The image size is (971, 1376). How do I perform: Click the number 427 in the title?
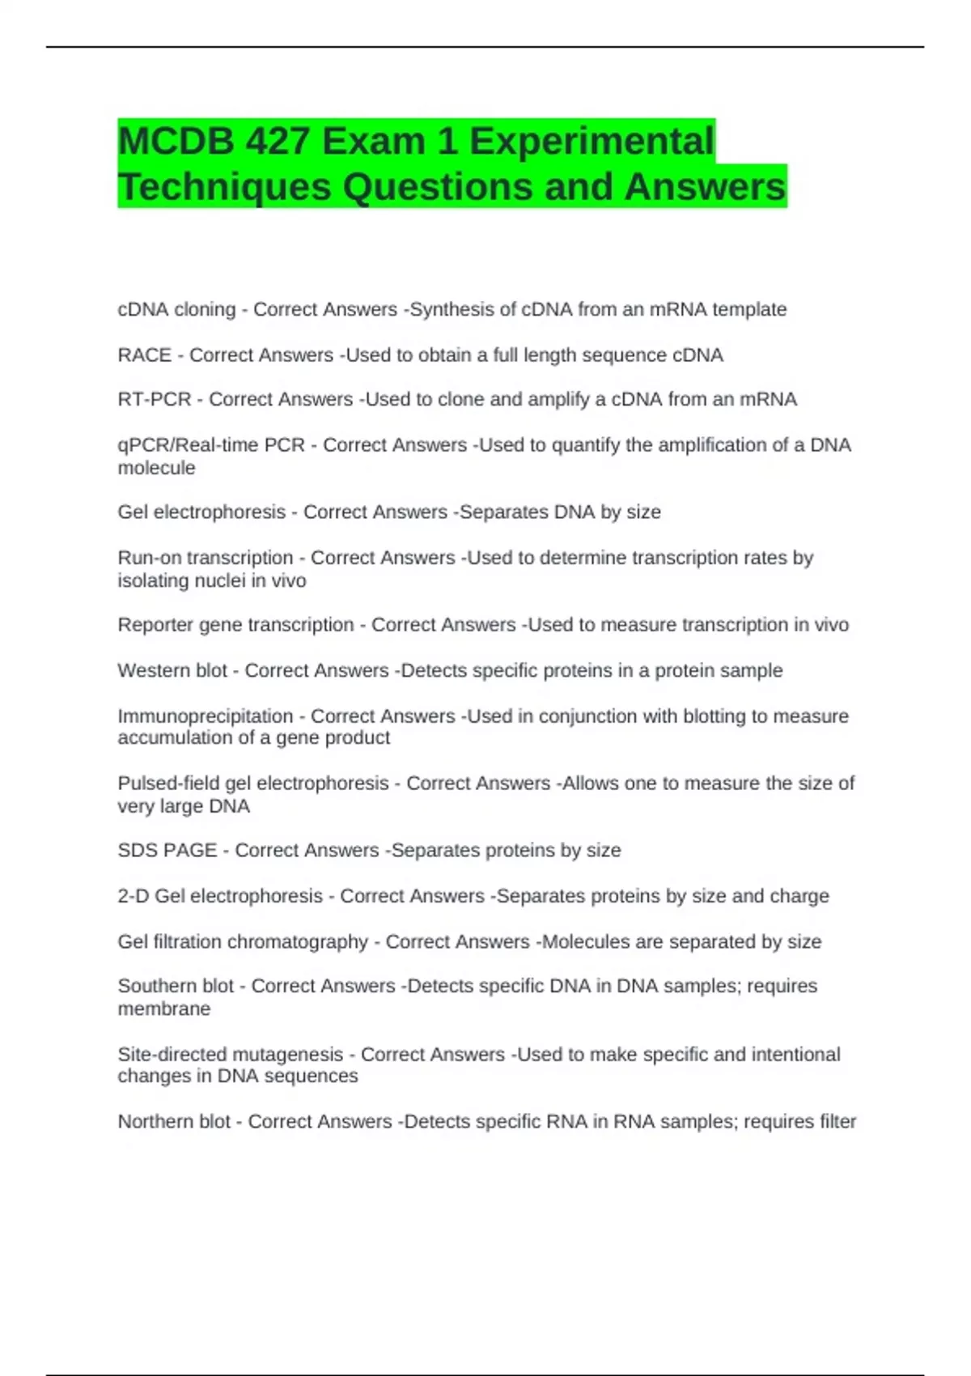coord(278,142)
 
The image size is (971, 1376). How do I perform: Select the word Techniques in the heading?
coord(224,187)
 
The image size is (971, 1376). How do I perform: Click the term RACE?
coord(144,355)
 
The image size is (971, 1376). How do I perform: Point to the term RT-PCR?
coord(154,400)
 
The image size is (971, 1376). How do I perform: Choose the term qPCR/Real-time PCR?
coord(211,445)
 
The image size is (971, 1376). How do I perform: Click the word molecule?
coord(156,468)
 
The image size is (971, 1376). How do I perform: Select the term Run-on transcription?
coord(206,558)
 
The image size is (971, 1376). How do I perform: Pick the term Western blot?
coord(172,670)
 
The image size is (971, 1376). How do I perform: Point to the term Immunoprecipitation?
coord(206,716)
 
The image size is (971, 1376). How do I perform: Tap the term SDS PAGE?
coord(167,851)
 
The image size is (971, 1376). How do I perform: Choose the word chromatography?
coord(300,942)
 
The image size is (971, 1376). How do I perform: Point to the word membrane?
coord(163,1009)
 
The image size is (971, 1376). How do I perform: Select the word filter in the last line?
coord(837,1122)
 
